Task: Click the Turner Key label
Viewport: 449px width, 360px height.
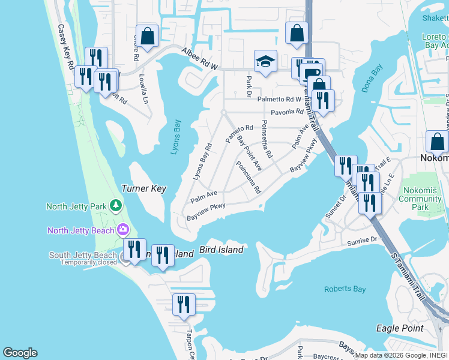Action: pos(143,188)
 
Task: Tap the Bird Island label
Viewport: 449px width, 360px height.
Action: pos(221,250)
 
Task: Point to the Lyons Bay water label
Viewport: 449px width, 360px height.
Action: pos(175,136)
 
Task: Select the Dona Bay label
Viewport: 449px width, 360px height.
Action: pos(372,79)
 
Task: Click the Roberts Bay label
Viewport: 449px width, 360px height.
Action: pos(345,289)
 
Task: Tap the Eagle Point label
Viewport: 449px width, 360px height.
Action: pos(399,328)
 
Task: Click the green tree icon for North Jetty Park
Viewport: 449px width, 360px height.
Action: pos(115,206)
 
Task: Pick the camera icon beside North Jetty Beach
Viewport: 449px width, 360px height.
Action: pos(124,230)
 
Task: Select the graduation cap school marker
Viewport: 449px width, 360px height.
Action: pos(265,61)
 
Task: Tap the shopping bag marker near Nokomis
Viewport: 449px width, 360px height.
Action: pos(437,142)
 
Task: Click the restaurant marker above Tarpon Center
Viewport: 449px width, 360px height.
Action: pos(184,304)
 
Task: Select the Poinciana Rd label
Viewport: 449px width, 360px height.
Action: pos(249,177)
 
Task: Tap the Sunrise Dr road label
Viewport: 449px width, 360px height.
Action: pos(361,241)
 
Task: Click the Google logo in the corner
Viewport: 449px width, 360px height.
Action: pos(20,353)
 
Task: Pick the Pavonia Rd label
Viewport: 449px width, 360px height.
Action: pos(288,112)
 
